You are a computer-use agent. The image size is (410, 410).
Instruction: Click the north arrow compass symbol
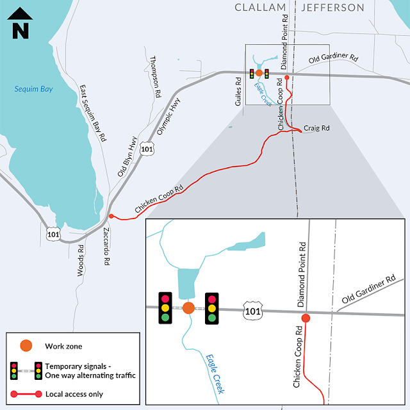[22, 23]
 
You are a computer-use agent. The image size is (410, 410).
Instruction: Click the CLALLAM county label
[261, 8]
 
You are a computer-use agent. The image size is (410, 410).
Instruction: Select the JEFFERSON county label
[332, 8]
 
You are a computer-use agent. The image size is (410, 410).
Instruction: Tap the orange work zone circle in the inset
[188, 308]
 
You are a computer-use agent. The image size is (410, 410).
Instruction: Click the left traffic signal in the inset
[165, 307]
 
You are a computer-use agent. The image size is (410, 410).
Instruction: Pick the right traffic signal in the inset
[211, 308]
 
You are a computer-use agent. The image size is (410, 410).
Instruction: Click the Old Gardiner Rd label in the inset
[368, 291]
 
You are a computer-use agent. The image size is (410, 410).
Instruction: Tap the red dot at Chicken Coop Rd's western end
[111, 217]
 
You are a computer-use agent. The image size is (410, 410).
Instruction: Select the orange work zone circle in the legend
[26, 346]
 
